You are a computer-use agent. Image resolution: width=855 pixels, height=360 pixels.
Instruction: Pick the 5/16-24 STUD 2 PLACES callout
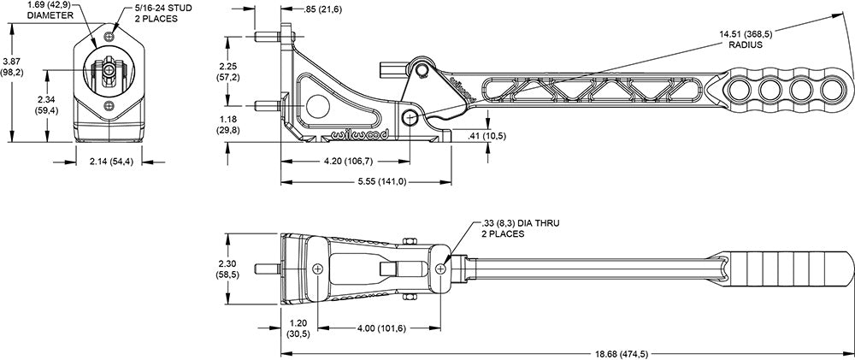click(x=162, y=14)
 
